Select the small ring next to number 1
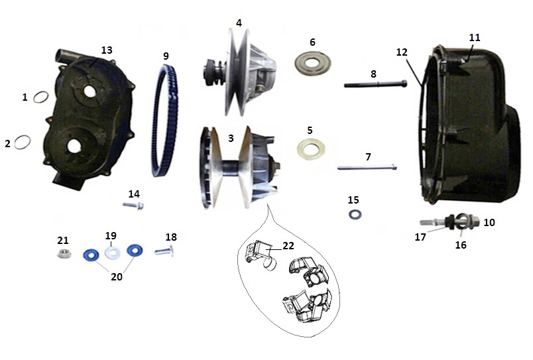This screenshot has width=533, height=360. [x=34, y=98]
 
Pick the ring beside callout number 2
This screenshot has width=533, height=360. [x=16, y=142]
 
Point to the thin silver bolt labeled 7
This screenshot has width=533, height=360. [x=367, y=167]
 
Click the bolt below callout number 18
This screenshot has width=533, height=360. [x=164, y=251]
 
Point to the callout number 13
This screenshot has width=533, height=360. [x=107, y=50]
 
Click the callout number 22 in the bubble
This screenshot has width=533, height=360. [x=288, y=246]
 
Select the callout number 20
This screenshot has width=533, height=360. [x=117, y=276]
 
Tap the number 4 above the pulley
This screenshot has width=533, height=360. [x=239, y=23]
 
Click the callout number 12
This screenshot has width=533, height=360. [x=402, y=52]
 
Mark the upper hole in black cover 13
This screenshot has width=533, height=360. [x=89, y=90]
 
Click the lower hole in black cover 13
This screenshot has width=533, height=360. [x=74, y=146]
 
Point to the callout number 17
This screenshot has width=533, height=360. [x=420, y=237]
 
